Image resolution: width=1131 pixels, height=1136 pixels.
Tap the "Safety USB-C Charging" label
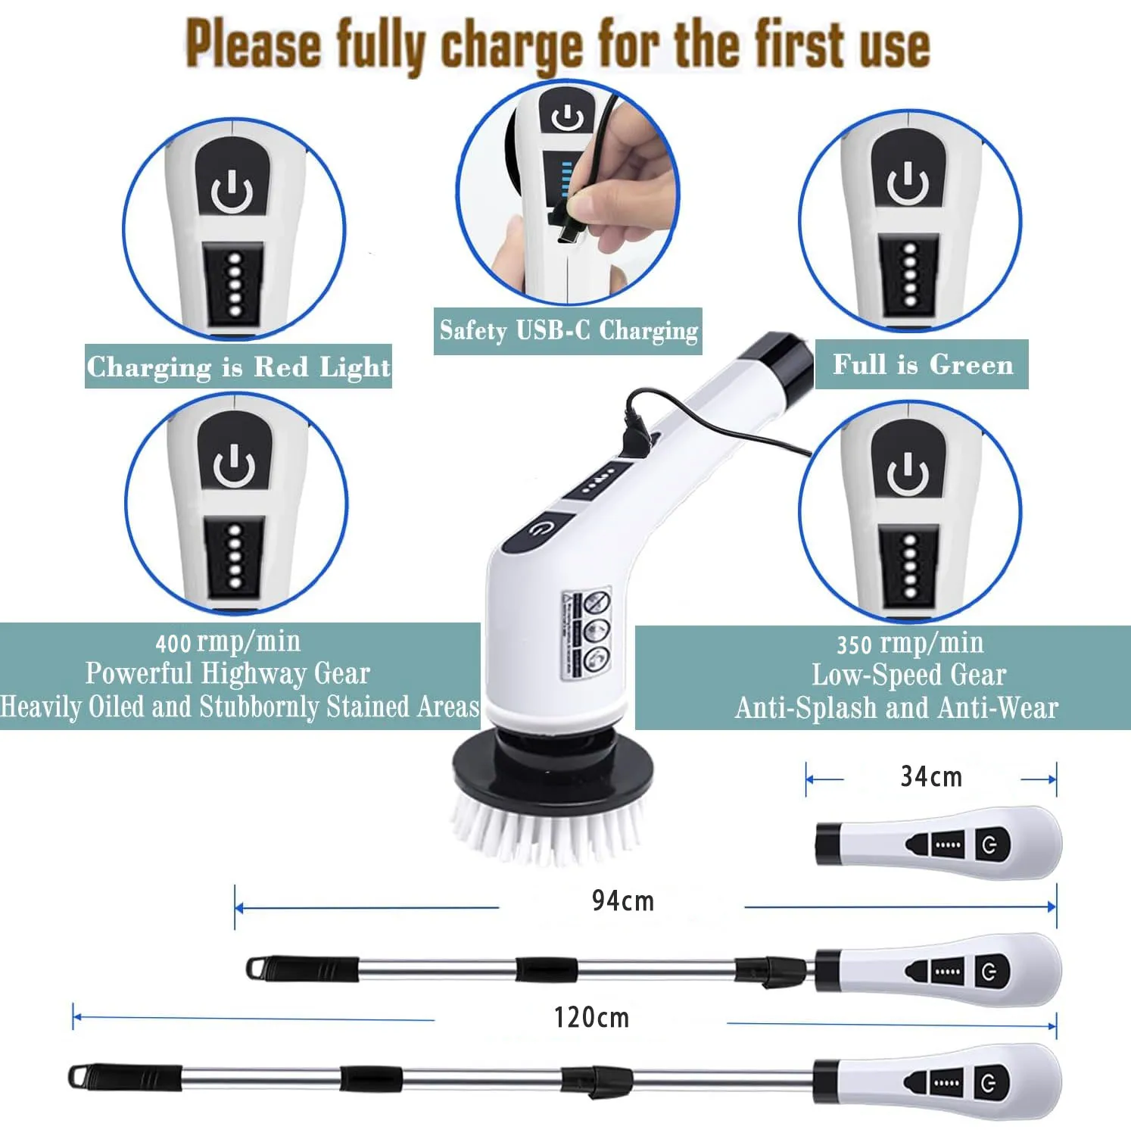568,331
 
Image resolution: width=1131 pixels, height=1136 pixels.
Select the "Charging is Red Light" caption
238,367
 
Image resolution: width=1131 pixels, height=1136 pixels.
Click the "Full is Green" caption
922,364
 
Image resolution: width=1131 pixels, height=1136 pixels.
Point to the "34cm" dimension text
931,777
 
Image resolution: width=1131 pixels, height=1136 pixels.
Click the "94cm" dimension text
622,901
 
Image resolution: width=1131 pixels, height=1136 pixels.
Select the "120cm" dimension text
591,1017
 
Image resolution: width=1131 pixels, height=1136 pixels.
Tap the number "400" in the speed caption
173,644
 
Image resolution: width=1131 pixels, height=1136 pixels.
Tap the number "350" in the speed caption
854,645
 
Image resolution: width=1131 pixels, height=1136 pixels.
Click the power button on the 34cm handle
990,844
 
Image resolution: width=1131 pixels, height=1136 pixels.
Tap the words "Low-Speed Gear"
908,675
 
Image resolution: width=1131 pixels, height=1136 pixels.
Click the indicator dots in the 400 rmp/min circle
235,557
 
